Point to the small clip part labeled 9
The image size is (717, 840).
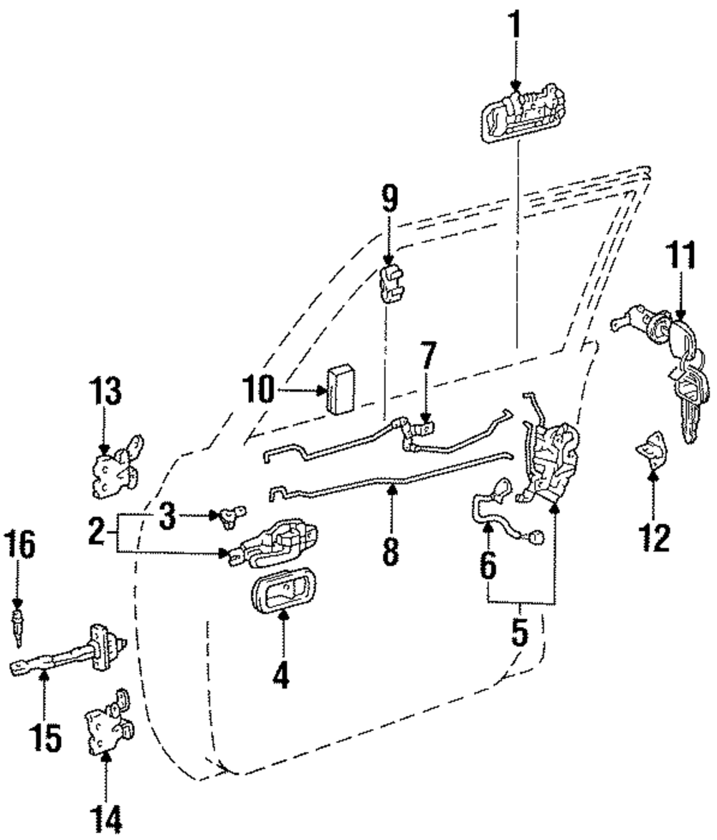391,284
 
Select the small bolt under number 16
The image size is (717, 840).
17,623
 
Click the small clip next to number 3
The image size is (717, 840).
229,516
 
